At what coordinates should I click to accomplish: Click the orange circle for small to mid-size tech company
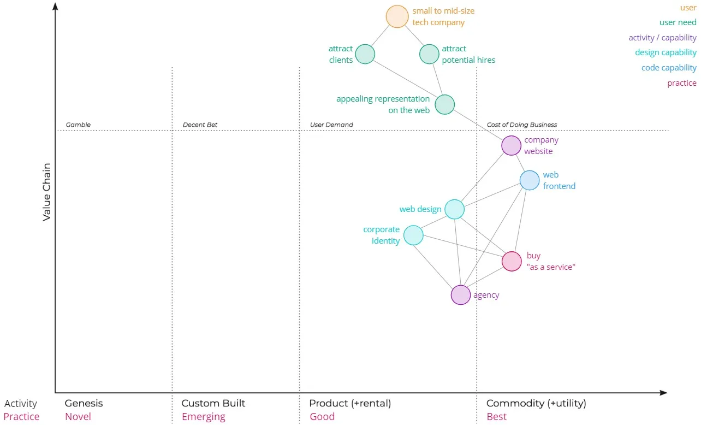click(x=397, y=16)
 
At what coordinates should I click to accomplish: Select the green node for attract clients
click(x=365, y=54)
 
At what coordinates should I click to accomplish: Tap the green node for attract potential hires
click(x=429, y=54)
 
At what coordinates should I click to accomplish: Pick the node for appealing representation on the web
click(x=444, y=104)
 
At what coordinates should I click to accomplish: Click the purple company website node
click(x=511, y=146)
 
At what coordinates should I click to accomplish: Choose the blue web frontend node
click(x=529, y=180)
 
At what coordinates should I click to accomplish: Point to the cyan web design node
click(x=454, y=209)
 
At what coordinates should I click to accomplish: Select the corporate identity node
click(x=413, y=235)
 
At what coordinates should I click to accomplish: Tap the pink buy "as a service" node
click(x=512, y=262)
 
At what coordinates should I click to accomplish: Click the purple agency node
click(x=460, y=295)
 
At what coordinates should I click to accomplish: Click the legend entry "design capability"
click(x=666, y=52)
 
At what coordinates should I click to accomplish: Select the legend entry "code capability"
click(x=669, y=68)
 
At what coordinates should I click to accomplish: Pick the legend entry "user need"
click(x=678, y=22)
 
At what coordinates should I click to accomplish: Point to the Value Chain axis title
click(x=47, y=192)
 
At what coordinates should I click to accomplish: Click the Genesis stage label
click(x=84, y=404)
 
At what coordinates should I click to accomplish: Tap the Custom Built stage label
click(x=213, y=404)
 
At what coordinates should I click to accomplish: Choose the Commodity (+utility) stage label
click(x=536, y=404)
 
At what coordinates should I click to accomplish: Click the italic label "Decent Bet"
click(x=200, y=125)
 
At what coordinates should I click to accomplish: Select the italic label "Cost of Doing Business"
click(x=521, y=125)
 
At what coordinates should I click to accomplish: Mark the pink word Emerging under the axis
click(x=203, y=417)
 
